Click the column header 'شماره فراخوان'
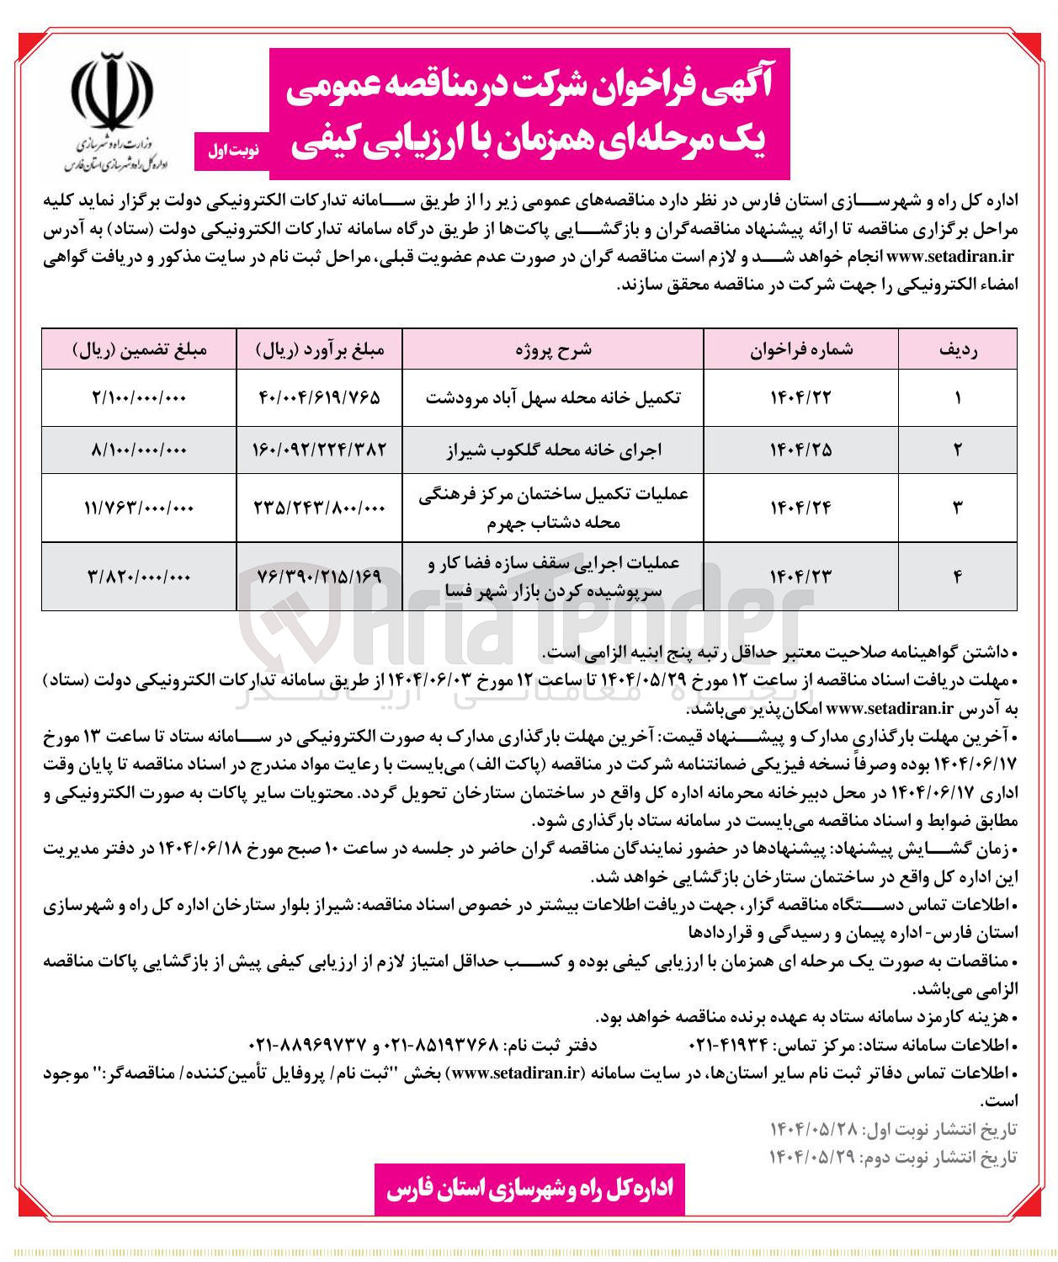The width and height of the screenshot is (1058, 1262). click(x=801, y=349)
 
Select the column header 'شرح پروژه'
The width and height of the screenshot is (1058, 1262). click(x=553, y=349)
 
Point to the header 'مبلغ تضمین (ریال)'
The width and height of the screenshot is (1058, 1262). click(x=139, y=349)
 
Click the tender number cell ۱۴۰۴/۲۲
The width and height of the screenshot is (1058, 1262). click(x=800, y=397)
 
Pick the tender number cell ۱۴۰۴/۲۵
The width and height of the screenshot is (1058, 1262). click(x=800, y=450)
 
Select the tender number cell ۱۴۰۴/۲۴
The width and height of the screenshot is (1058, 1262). click(x=800, y=507)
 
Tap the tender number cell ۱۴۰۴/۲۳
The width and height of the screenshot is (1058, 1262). click(x=800, y=576)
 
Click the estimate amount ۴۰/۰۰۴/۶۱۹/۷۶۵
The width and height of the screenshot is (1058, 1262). click(x=319, y=397)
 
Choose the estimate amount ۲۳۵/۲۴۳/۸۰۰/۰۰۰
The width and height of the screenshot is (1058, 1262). click(x=319, y=507)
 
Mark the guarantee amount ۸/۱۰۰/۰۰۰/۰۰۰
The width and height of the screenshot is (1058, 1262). click(x=139, y=450)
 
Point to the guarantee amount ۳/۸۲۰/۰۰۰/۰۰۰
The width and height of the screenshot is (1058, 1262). click(x=139, y=576)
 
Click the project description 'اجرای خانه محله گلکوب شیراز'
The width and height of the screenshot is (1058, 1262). click(x=553, y=450)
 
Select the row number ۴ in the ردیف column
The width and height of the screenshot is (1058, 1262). click(x=958, y=576)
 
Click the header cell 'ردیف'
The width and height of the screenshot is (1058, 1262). click(x=958, y=349)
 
